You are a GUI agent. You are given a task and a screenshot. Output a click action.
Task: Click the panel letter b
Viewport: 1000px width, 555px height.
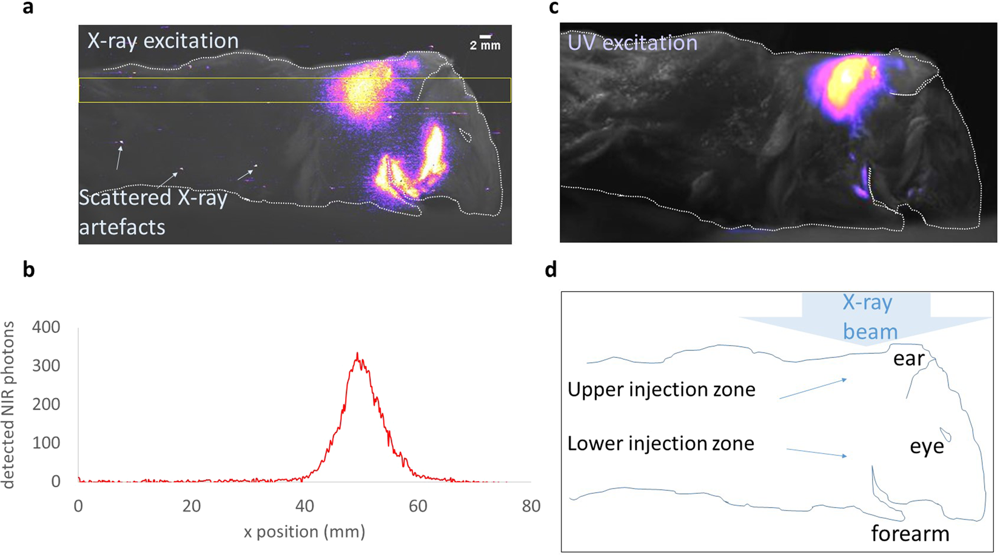click(29, 269)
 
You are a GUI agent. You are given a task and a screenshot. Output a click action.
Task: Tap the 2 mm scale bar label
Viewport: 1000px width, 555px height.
click(485, 45)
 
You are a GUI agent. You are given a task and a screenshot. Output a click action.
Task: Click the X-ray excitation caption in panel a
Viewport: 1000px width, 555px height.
click(163, 41)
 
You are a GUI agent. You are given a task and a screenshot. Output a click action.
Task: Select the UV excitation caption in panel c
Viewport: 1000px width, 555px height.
click(632, 42)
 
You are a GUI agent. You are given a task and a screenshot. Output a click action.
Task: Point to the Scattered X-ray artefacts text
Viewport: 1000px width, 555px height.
click(153, 212)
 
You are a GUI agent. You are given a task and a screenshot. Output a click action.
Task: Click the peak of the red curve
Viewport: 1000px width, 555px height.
click(358, 354)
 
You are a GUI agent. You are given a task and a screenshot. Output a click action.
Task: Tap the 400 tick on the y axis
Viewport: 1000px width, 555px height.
click(47, 327)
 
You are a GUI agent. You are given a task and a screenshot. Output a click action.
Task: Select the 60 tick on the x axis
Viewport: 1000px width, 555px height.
click(418, 506)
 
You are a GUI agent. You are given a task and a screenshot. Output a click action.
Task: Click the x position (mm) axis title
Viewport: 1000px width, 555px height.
click(304, 532)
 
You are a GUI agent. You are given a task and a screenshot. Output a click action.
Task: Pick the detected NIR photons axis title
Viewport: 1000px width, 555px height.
click(8, 405)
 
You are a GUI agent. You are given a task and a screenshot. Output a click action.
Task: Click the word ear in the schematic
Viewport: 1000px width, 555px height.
click(908, 358)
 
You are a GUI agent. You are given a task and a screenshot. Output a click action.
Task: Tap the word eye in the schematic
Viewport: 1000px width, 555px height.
click(927, 447)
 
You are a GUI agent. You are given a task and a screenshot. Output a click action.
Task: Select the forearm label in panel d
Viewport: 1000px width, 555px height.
click(910, 534)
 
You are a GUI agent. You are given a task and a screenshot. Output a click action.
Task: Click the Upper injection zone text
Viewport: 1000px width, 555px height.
click(661, 389)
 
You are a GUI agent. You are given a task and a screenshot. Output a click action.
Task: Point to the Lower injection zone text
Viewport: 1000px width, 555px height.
click(660, 443)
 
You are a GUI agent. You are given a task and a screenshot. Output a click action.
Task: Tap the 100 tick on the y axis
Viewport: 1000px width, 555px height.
click(47, 443)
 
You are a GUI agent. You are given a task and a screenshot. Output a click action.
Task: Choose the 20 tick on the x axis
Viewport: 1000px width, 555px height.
click(192, 506)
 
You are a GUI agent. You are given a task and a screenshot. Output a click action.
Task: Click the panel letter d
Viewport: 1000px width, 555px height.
click(551, 269)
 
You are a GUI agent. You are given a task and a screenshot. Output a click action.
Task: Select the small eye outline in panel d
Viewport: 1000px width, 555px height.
click(945, 435)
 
